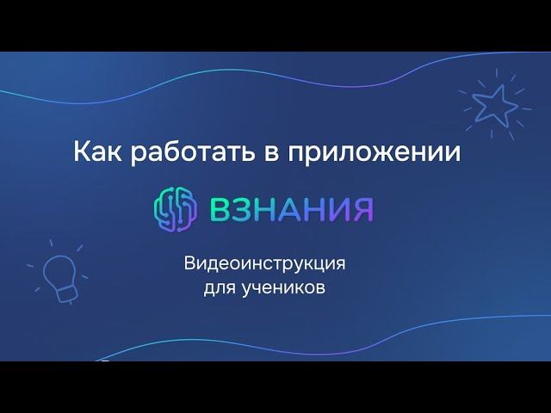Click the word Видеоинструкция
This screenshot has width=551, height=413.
(270, 263)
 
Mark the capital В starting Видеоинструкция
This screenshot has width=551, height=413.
(190, 262)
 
